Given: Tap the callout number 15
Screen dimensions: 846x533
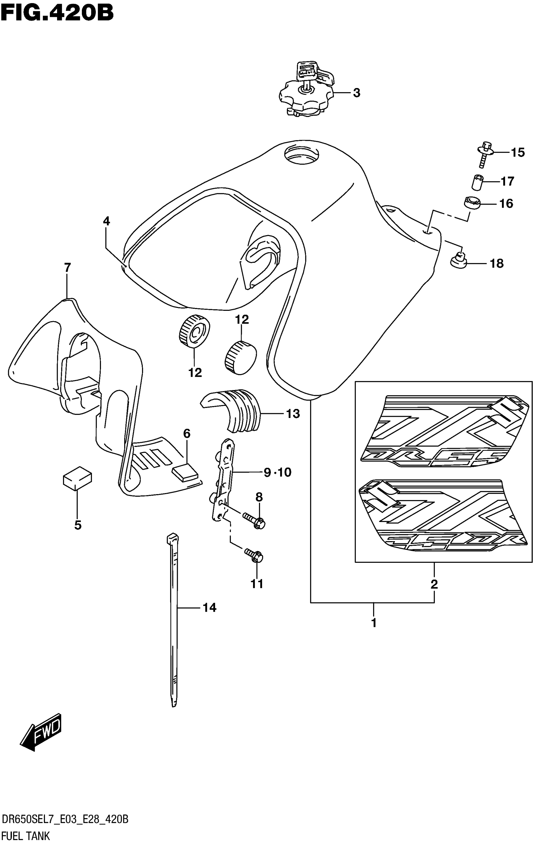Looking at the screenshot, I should point(517,153).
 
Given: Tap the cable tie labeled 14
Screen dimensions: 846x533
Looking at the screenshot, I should point(173,618).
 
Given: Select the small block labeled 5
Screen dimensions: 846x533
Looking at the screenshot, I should point(77,478).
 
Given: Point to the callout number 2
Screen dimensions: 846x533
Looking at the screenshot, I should point(434,584).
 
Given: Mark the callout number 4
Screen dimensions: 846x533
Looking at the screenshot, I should point(106,221).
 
